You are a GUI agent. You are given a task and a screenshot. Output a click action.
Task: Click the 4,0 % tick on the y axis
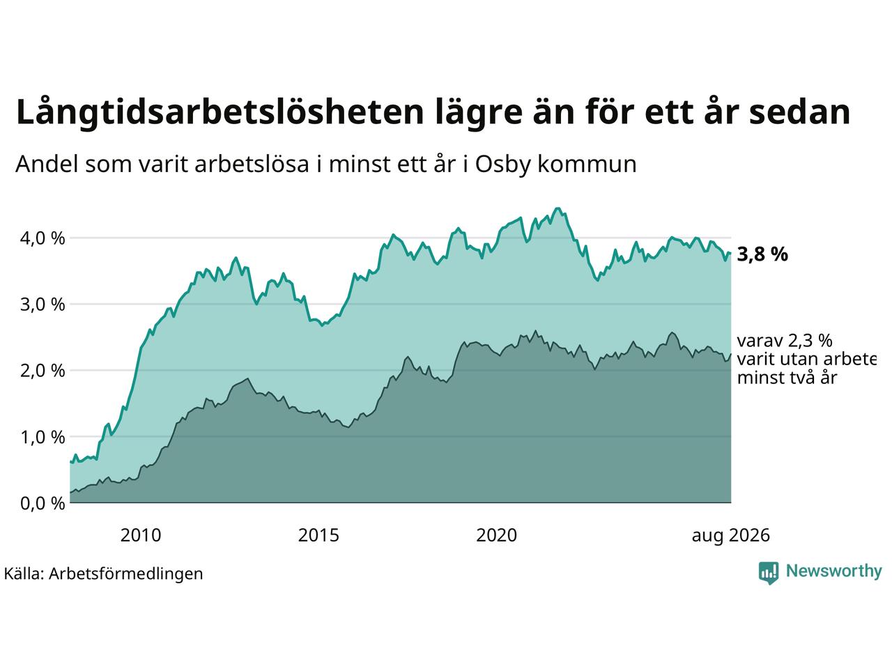[43, 238]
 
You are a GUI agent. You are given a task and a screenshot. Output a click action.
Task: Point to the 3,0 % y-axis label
[43, 305]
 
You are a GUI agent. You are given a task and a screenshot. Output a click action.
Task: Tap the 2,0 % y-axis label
[43, 371]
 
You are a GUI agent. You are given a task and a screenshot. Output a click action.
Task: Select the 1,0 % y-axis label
[43, 437]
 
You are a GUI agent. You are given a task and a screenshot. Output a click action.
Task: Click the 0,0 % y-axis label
[43, 503]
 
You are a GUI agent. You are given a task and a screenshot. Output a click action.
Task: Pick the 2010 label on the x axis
[141, 535]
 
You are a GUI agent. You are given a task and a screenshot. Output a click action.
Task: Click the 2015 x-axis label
[318, 535]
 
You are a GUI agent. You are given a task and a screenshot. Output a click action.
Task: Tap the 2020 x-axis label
[497, 535]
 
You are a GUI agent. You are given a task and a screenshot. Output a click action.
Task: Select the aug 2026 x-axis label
[730, 535]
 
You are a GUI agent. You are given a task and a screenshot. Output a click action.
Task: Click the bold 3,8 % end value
[762, 254]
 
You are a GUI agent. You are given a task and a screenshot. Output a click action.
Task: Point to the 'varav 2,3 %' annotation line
[785, 341]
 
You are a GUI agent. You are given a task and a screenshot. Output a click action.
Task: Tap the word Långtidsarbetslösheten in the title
[220, 112]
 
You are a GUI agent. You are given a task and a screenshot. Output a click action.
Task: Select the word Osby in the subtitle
[503, 165]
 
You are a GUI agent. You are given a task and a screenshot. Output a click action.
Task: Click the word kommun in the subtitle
[587, 164]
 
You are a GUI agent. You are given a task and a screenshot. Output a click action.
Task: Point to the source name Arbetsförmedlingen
[126, 574]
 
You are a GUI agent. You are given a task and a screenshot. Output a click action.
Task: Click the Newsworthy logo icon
[769, 573]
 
